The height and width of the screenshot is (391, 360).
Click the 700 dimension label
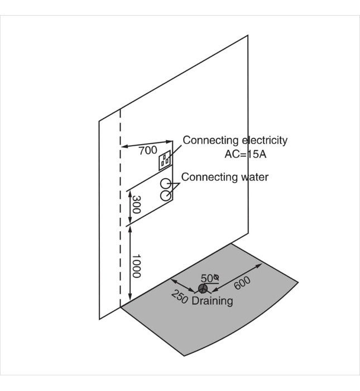coord(148,150)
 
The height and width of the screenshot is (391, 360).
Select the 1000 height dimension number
coord(136,266)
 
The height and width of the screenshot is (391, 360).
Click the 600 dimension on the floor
coord(242,284)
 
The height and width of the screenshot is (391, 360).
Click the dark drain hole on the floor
coord(202,288)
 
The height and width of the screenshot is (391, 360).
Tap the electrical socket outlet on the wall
coord(165,161)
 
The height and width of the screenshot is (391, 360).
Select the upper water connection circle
coord(165,183)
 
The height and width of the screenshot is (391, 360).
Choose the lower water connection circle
coord(165,195)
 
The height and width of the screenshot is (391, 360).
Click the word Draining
coord(212,301)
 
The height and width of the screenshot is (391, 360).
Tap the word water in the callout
coord(254,177)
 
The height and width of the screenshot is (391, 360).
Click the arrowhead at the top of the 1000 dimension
coord(130,227)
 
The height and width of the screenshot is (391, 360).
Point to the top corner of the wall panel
coord(247,36)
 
